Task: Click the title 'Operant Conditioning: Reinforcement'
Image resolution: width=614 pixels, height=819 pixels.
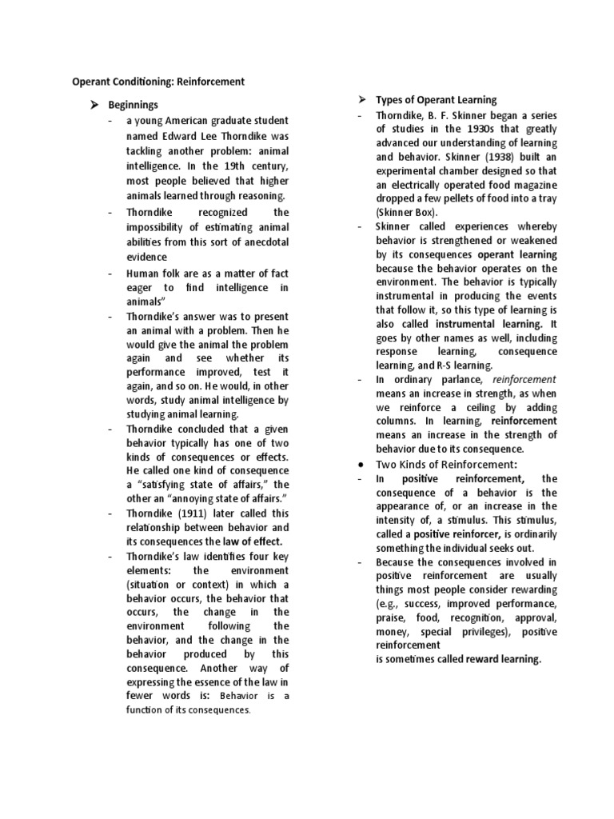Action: click(158, 82)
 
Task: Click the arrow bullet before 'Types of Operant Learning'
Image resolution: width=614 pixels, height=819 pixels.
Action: click(361, 100)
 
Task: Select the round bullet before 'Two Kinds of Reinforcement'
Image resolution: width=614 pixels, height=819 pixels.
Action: click(362, 465)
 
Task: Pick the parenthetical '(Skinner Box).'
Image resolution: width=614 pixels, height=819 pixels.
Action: click(407, 212)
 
